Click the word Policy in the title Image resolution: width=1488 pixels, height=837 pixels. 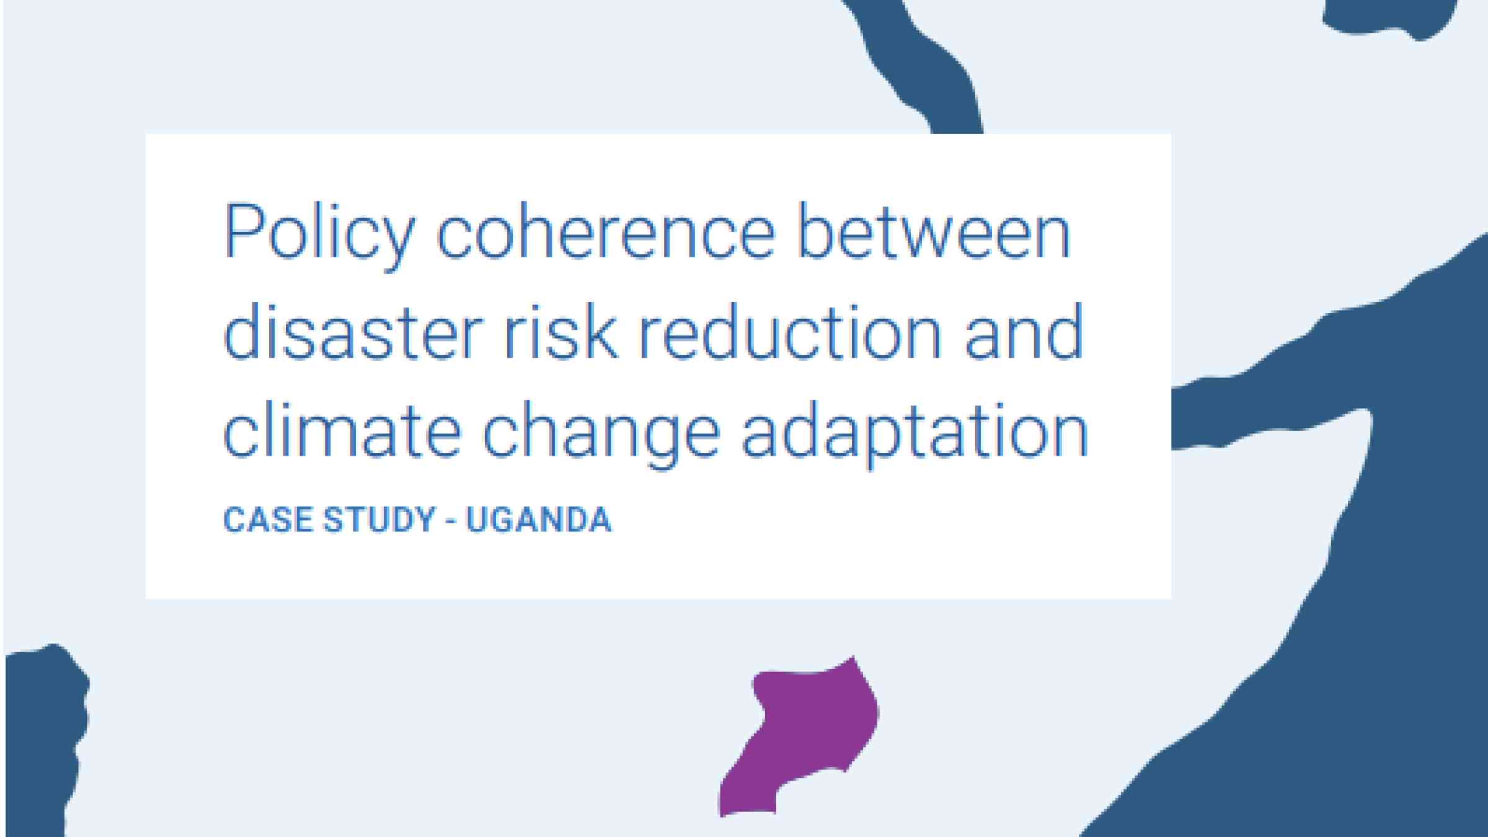click(318, 235)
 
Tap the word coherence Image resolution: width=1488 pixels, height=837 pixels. click(606, 231)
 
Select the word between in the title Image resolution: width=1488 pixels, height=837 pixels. click(934, 231)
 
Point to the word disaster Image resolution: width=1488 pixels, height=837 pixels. click(352, 331)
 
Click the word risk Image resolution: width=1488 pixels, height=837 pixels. click(561, 331)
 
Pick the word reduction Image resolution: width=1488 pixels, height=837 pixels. click(789, 331)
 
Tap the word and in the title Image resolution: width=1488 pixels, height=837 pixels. click(1023, 331)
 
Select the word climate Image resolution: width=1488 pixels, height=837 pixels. click(342, 429)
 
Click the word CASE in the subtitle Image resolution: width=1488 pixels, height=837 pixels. click(268, 520)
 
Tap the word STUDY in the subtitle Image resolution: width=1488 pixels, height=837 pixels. click(379, 520)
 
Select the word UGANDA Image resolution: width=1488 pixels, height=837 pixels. click(539, 520)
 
